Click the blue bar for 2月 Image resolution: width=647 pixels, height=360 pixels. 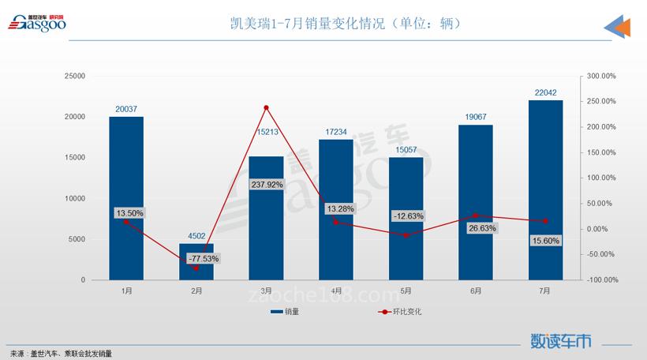196,262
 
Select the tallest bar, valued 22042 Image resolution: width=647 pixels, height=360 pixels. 545,189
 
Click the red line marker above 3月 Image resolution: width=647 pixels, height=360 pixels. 266,107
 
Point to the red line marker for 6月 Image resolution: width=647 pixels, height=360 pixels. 476,215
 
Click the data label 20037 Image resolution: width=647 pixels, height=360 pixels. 126,109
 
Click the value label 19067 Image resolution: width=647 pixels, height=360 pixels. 475,117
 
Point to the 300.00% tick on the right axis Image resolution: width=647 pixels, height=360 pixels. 600,76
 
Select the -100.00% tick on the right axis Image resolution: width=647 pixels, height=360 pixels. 600,280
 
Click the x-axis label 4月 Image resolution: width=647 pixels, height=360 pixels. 336,291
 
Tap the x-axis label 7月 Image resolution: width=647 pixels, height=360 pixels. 545,291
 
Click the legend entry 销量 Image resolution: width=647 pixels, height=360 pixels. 285,312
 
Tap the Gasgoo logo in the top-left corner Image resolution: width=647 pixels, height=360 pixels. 38,24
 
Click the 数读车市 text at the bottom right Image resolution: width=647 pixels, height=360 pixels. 561,341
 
